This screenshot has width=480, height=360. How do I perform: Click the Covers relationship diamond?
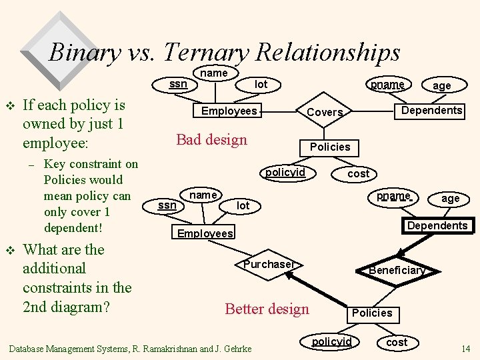[x=324, y=113]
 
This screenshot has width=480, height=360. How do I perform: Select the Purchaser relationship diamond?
[x=268, y=265]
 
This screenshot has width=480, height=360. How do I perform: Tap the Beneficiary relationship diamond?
[x=397, y=270]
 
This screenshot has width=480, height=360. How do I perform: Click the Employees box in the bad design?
[x=229, y=111]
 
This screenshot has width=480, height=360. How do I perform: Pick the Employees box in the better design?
[x=205, y=233]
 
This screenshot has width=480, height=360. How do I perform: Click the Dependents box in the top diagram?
[x=431, y=111]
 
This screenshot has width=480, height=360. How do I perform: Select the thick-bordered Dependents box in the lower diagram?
[x=437, y=225]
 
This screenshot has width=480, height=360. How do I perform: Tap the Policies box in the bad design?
[x=330, y=147]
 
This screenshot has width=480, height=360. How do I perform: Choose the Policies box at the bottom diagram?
[x=372, y=313]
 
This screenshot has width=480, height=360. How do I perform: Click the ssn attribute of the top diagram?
[x=178, y=84]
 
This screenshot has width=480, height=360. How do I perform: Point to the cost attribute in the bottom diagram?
[x=397, y=342]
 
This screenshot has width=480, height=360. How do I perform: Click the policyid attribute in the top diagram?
[x=285, y=173]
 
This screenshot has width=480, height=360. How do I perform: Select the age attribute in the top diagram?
[x=441, y=85]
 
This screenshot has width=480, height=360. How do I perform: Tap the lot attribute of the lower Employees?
[x=243, y=206]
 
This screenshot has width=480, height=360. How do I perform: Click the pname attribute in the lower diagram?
[x=392, y=196]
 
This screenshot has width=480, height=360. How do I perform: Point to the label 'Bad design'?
[x=211, y=139]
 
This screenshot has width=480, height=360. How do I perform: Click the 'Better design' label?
[x=267, y=309]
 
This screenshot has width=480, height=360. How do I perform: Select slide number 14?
[x=465, y=349]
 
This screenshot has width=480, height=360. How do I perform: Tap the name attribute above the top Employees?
[x=214, y=73]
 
